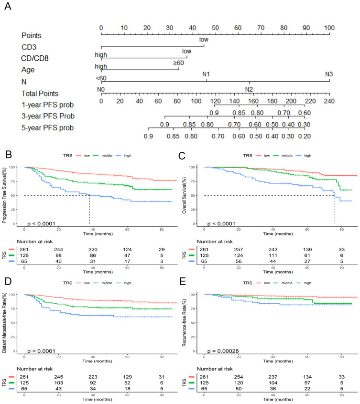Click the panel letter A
7,8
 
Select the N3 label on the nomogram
329,74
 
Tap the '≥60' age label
178,63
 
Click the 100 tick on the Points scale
329,28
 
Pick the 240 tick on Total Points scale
329,101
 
